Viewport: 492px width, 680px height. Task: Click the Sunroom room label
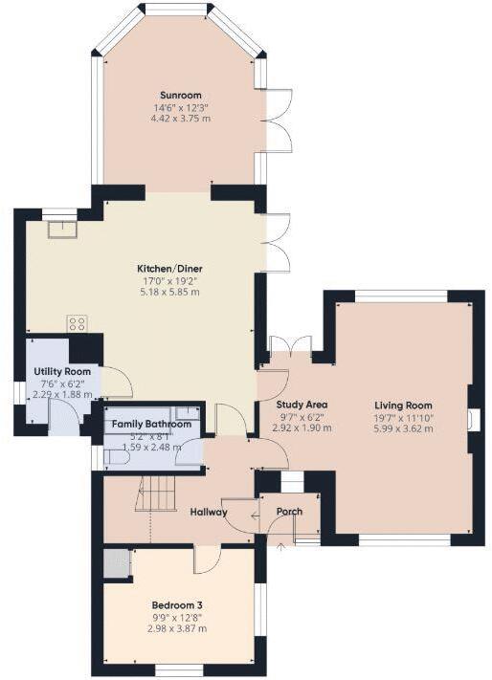181,95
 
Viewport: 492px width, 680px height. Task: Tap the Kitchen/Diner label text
168,269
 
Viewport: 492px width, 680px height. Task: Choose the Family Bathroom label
151,424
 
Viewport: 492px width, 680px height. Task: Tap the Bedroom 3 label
177,604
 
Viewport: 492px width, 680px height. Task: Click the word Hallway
208,512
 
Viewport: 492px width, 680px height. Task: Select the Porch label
289,512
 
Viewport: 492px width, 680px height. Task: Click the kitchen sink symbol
62,229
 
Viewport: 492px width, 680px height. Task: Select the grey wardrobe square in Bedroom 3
117,563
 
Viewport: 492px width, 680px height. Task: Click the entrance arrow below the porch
280,548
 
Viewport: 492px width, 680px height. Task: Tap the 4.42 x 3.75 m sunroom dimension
181,118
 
